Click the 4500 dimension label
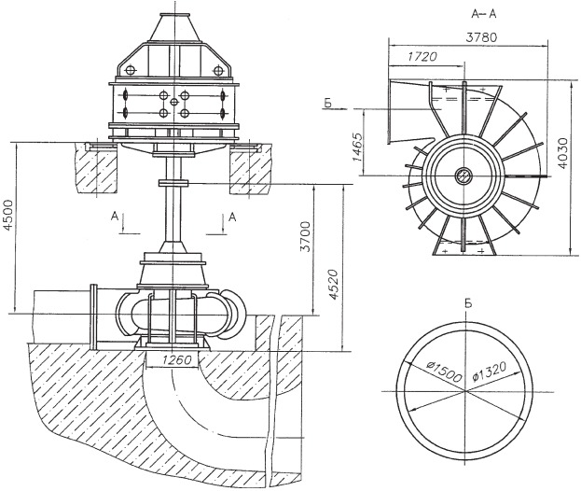[8, 216]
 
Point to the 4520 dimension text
[334, 285]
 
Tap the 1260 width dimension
[176, 359]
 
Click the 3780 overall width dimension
[481, 37]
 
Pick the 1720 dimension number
[422, 57]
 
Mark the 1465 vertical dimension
[358, 147]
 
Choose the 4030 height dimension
[563, 153]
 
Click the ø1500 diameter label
[444, 372]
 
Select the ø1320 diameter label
[490, 372]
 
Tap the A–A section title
[484, 14]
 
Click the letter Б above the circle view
[468, 304]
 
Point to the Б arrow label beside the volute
[327, 104]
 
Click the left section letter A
[115, 217]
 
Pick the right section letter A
[232, 217]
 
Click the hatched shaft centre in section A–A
[463, 175]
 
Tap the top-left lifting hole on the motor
[131, 70]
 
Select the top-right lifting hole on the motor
[218, 70]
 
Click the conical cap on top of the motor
[174, 28]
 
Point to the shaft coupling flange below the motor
[173, 183]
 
